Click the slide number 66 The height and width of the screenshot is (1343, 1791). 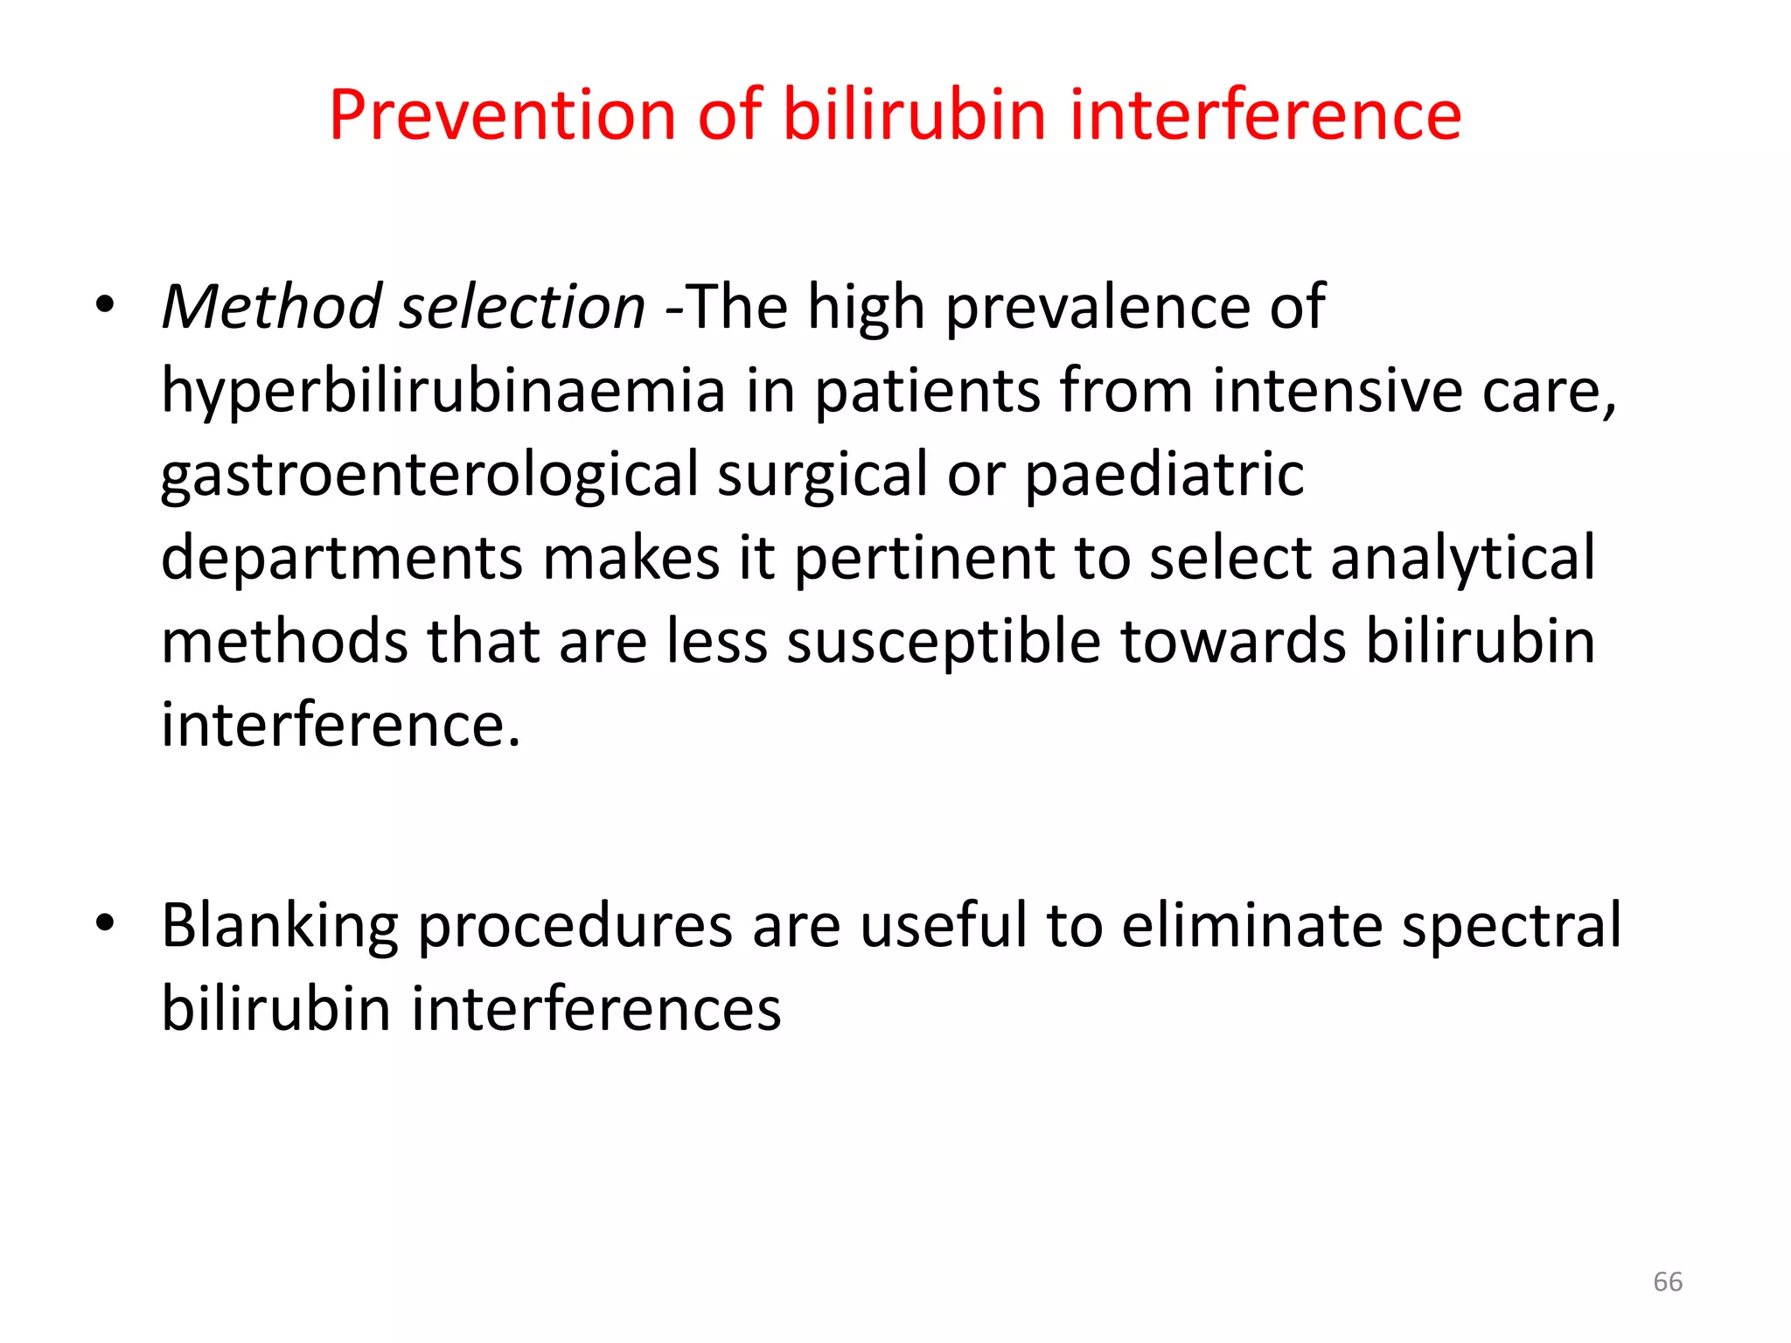1668,1282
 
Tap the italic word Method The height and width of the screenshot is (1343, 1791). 272,307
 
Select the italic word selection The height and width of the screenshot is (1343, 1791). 522,307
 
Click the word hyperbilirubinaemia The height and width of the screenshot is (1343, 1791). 443,391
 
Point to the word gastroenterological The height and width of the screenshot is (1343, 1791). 429,475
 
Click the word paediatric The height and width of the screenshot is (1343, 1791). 1164,475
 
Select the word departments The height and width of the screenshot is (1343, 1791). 342,558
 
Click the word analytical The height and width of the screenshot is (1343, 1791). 1463,558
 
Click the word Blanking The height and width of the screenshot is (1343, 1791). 280,926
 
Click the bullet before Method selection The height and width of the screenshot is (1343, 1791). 105,306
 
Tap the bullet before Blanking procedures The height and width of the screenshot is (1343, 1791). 105,923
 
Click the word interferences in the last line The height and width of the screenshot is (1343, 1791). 596,1009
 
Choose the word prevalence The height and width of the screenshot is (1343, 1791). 1098,307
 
